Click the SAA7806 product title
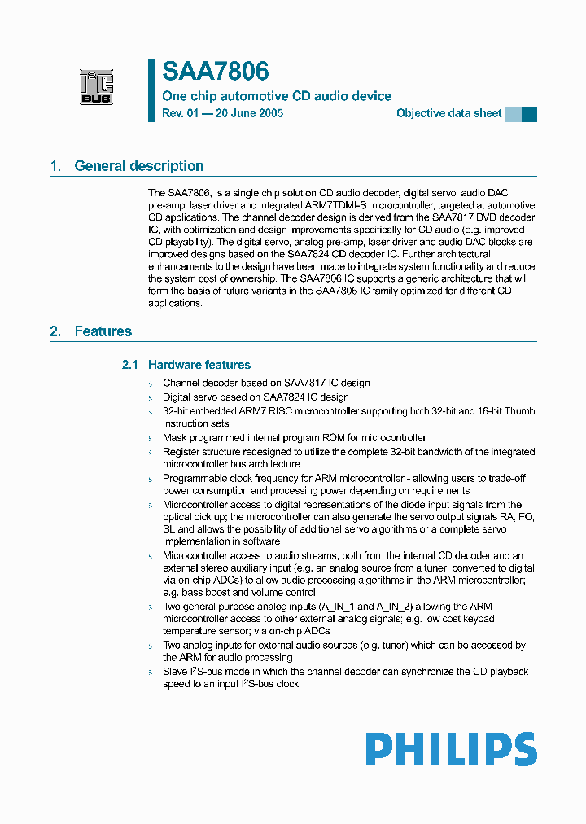(216, 72)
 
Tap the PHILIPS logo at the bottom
(451, 749)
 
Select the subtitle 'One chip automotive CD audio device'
(277, 96)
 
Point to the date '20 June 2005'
(248, 113)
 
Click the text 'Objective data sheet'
(448, 113)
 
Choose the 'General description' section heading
(139, 166)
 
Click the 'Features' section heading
(103, 331)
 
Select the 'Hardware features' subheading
(199, 365)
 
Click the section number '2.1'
(130, 365)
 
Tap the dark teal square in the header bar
(529, 114)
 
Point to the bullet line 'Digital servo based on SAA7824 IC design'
(256, 397)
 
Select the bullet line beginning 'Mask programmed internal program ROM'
(294, 437)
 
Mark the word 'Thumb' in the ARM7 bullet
(518, 411)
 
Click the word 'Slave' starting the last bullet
(175, 672)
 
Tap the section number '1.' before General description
(55, 166)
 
